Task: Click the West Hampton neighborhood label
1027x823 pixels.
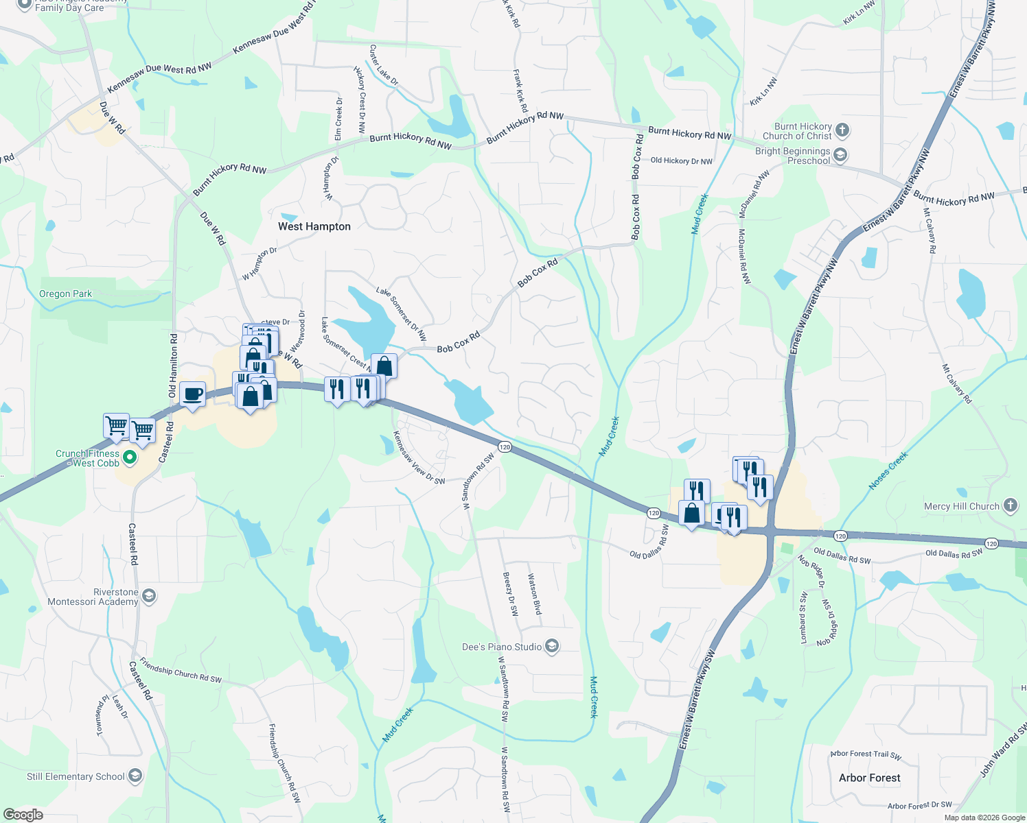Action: pos(314,226)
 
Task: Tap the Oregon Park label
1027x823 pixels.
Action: pos(65,294)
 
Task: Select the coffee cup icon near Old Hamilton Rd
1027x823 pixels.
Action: pos(192,394)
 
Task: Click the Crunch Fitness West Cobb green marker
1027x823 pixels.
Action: pos(129,457)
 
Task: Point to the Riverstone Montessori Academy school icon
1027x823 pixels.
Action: pos(149,596)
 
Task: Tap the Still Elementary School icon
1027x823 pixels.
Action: pos(135,776)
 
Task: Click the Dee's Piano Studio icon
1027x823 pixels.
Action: pos(552,646)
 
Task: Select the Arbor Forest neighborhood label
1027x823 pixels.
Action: pos(869,778)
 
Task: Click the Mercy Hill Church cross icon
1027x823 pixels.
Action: pos(1010,505)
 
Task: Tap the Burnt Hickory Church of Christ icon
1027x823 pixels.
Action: pos(842,130)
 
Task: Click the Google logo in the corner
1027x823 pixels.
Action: pos(23,815)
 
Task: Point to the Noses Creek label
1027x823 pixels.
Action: pos(888,470)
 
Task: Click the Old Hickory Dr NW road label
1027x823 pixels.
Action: pos(681,161)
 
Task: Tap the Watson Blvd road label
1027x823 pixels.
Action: pos(533,594)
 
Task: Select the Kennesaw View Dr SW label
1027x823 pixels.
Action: pos(418,457)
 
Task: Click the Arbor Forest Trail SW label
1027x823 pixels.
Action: pos(865,754)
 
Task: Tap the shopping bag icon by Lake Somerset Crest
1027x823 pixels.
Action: pos(384,366)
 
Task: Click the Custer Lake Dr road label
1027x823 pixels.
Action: pos(384,65)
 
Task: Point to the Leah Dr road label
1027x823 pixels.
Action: pos(120,706)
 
